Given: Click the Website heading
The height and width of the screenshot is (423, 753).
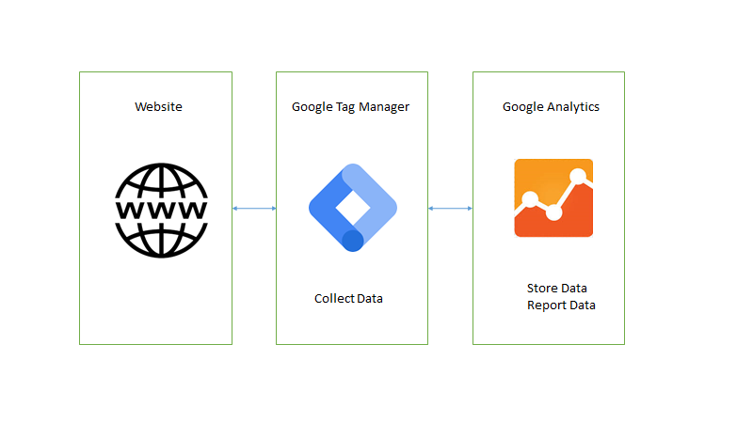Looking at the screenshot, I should tap(158, 107).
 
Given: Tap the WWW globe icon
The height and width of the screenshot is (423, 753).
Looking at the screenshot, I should tap(160, 209).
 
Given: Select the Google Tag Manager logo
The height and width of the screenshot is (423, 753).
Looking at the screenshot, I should tap(352, 208).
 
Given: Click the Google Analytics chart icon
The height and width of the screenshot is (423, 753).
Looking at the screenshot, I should tap(553, 197).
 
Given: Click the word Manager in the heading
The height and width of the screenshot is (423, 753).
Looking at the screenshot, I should tap(385, 107).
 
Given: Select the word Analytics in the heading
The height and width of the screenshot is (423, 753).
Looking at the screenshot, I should tap(573, 107).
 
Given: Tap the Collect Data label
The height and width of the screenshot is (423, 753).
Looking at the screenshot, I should tap(348, 299).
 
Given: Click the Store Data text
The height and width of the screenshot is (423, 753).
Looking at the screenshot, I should tap(563, 288).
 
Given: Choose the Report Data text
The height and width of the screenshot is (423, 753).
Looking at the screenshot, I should tap(561, 305).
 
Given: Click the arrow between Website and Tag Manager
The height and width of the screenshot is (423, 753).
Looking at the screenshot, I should tap(254, 208).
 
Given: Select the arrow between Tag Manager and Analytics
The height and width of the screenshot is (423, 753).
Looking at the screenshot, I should tap(450, 208).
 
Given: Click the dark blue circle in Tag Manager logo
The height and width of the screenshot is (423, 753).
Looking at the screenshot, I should tap(353, 241).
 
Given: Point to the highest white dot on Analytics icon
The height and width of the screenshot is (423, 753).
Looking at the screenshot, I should tap(578, 176).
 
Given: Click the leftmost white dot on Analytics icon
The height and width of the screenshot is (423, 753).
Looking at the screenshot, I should tap(530, 198).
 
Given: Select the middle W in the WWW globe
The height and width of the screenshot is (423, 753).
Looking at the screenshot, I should tap(160, 209).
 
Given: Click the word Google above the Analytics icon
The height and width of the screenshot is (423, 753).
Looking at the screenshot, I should tap(523, 107).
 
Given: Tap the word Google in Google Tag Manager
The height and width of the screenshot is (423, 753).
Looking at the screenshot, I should tap(312, 107).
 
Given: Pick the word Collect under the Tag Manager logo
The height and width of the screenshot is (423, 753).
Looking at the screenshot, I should tap(334, 299).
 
